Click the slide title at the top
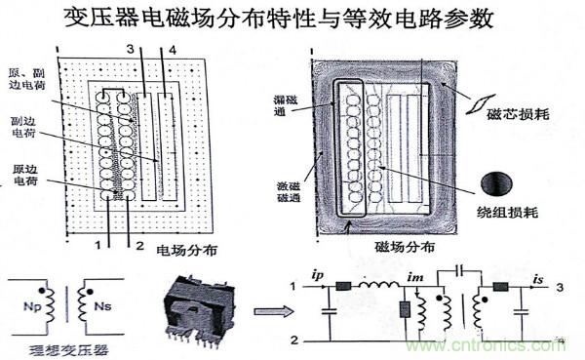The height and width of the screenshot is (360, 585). (292, 20)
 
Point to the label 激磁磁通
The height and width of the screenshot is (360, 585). (289, 192)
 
